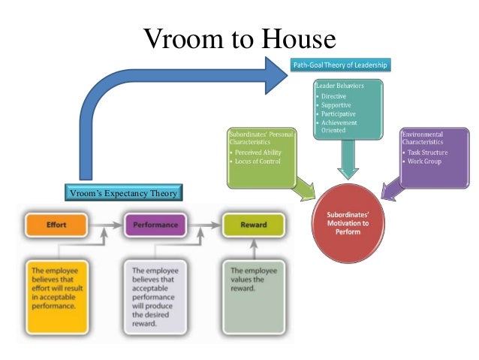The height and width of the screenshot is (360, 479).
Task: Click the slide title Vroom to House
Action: pyautogui.click(x=239, y=38)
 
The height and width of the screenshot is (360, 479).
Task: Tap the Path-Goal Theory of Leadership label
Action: pyautogui.click(x=340, y=65)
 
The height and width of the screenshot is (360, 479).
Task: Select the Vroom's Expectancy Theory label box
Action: pyautogui.click(x=122, y=194)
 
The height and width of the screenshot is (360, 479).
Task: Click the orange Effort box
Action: pyautogui.click(x=56, y=224)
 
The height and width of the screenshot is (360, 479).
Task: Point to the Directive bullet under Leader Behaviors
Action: pyautogui.click(x=336, y=97)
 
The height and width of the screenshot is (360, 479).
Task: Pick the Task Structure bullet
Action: pyautogui.click(x=428, y=152)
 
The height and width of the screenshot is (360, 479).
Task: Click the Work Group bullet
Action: pyautogui.click(x=424, y=161)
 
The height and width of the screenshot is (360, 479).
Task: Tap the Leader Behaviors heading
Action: pyautogui.click(x=340, y=86)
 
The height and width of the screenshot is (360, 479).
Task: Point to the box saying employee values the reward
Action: pyautogui.click(x=254, y=290)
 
